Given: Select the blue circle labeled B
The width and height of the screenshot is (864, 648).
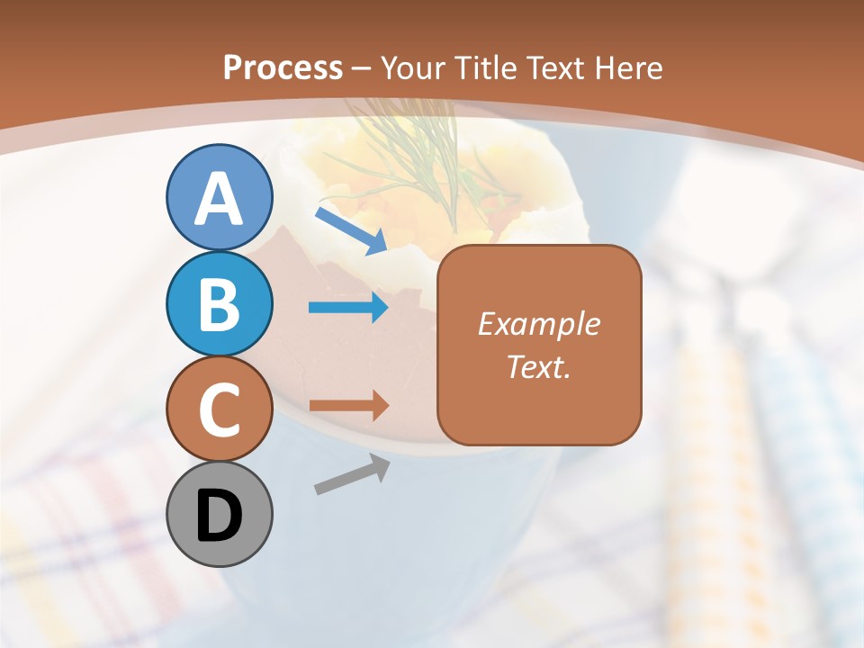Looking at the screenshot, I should tap(220, 304).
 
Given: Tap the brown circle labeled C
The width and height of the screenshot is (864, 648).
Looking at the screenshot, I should tap(220, 409).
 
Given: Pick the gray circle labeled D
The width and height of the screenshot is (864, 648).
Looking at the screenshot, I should tap(220, 515).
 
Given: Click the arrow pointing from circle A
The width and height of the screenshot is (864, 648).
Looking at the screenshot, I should tap(351, 230).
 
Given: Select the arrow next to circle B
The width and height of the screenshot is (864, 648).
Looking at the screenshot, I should tap(348, 309).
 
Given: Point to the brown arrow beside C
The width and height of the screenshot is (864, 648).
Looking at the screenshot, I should tap(348, 406).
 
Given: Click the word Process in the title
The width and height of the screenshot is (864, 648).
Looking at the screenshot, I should tap(283, 67).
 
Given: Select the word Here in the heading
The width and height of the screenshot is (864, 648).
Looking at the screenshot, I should tap(626, 67).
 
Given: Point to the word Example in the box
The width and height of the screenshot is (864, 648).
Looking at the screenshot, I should tap(538, 324).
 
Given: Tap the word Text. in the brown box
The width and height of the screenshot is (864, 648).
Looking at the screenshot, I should tap(538, 367).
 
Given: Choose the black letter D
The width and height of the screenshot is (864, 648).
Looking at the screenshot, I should tap(220, 517).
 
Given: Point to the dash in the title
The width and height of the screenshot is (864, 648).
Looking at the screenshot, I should tap(362, 68).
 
